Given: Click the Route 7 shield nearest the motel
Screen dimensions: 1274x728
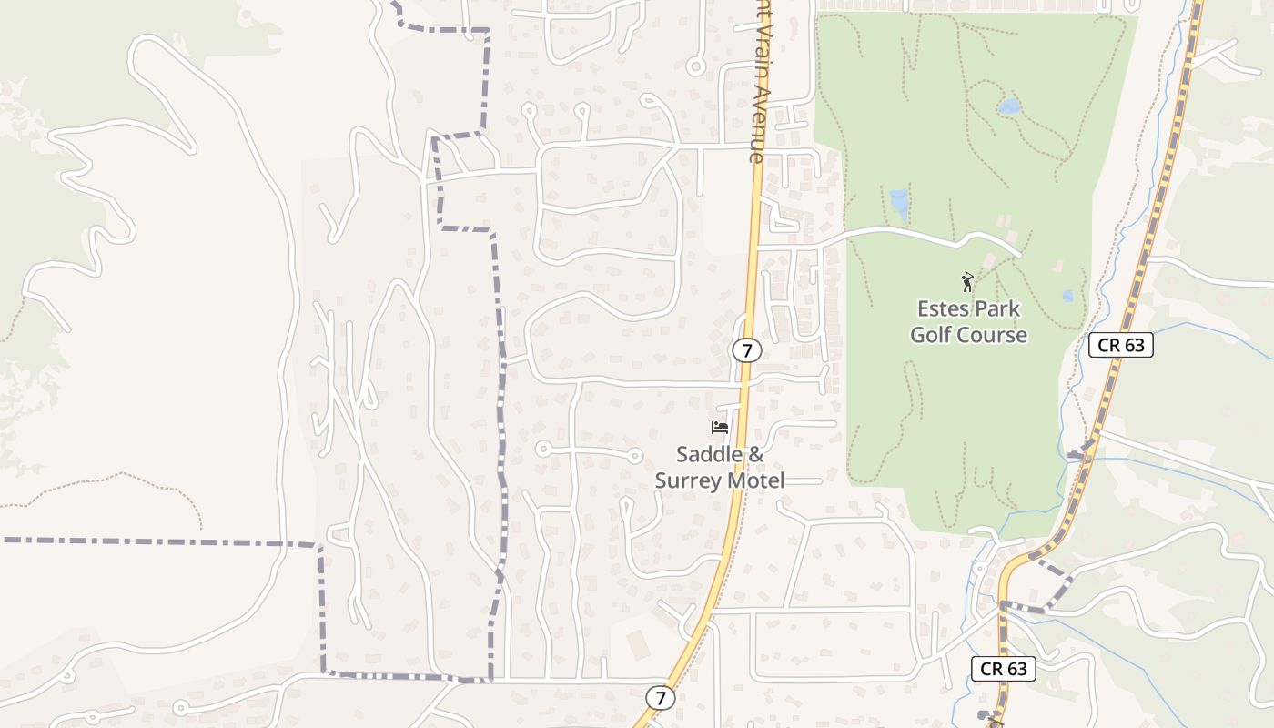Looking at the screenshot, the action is pos(746,350).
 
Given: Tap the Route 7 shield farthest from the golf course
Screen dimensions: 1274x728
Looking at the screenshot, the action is pos(661,698).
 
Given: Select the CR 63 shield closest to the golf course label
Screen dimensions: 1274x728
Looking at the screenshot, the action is pos(1120,345).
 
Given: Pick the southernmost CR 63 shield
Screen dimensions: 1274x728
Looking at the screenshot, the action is pos(1004,669).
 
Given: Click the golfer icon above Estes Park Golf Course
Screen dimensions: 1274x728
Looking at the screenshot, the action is pos(967,282).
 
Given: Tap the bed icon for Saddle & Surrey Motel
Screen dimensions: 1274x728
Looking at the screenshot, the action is pos(720,428).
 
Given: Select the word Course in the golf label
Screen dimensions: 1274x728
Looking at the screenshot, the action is pos(995,335).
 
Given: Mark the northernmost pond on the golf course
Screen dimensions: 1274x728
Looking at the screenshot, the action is pos(1008,106).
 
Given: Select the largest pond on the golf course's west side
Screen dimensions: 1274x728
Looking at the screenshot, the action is pos(899,204).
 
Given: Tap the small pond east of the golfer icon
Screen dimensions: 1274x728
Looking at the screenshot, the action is pos(1067,296).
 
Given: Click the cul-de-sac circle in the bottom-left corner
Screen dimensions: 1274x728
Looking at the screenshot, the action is pos(180,708).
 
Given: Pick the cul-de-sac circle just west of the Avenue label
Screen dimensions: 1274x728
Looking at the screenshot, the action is pos(696,66).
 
